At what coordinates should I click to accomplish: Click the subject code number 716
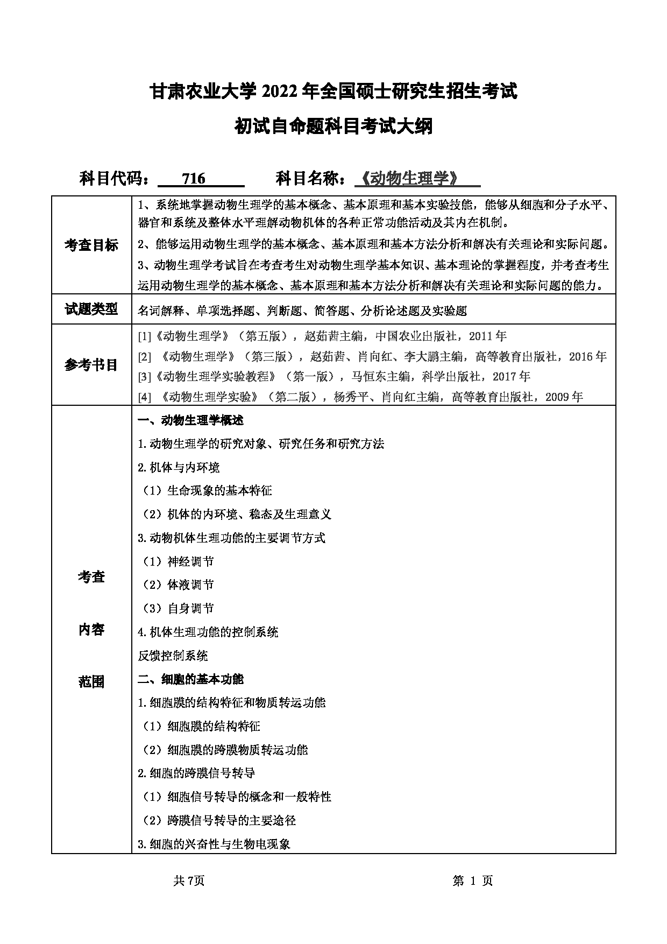194,178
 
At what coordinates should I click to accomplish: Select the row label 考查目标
91,245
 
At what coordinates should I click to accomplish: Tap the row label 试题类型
91,309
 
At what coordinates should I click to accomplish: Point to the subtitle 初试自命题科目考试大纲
334,127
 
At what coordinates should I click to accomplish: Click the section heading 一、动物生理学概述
191,420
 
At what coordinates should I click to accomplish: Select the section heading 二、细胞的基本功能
191,679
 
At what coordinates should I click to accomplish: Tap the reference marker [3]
145,376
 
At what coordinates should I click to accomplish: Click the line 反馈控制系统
173,656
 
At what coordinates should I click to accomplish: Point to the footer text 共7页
189,880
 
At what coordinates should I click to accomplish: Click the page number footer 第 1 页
473,880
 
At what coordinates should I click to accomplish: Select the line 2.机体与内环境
179,467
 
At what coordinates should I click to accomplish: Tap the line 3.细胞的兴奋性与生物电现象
214,844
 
